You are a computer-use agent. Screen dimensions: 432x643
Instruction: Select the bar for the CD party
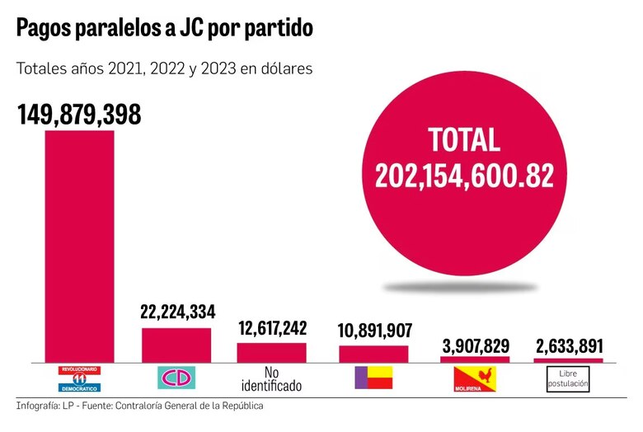[x=176, y=345]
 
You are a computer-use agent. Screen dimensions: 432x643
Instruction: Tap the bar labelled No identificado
[x=271, y=352]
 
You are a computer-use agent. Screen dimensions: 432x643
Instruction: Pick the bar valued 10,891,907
[x=373, y=354]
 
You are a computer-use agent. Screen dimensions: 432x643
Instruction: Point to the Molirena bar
[x=475, y=359]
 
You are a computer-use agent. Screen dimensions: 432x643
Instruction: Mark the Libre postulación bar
[x=569, y=360]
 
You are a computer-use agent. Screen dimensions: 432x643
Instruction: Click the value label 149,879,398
[x=79, y=115]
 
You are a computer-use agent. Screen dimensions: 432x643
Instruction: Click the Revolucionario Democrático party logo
[x=79, y=378]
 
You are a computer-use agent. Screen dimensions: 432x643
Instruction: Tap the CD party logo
[x=176, y=378]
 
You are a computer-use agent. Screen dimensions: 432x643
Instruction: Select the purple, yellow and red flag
[x=373, y=378]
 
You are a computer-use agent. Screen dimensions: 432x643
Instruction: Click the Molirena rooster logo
[x=475, y=378]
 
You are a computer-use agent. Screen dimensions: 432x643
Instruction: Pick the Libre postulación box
[x=569, y=378]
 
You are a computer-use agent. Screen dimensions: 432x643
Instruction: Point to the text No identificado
[x=271, y=378]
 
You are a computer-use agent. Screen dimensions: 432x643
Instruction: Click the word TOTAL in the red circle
[x=464, y=139]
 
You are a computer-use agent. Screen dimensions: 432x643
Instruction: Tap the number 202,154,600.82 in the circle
[x=464, y=175]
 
